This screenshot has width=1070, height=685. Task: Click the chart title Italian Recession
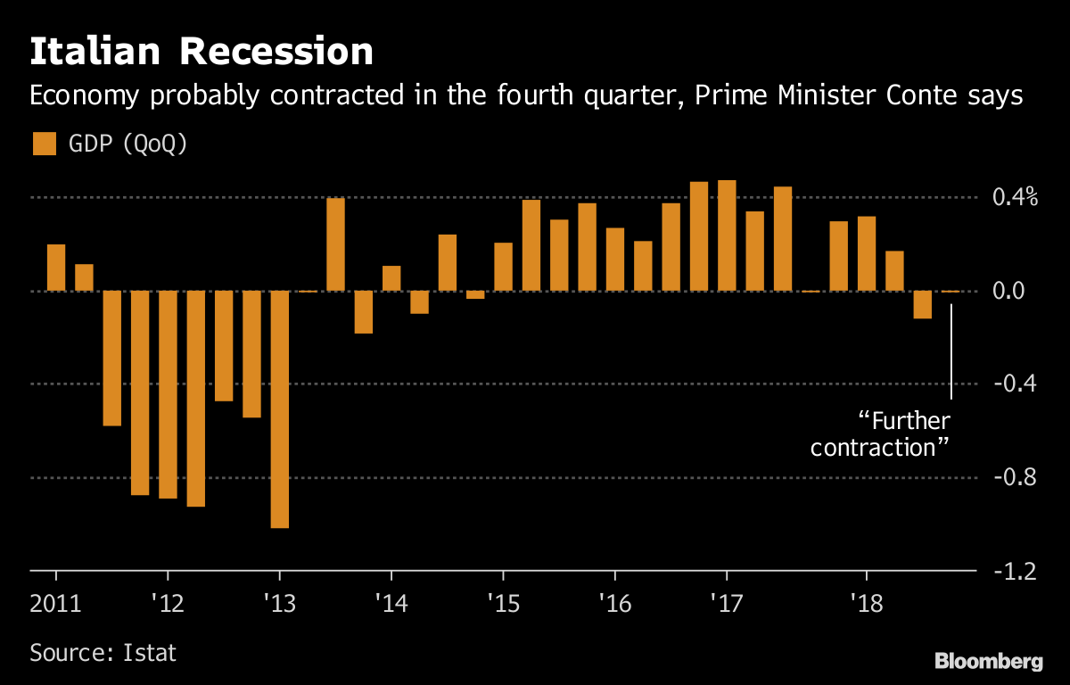pyautogui.click(x=202, y=52)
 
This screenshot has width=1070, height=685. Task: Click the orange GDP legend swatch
pyautogui.click(x=45, y=144)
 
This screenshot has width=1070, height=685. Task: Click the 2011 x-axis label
pyautogui.click(x=55, y=604)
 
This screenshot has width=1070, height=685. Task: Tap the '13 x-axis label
pyautogui.click(x=280, y=604)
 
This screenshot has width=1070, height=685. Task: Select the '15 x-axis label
pyautogui.click(x=504, y=604)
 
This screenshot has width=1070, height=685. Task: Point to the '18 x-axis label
pyautogui.click(x=866, y=604)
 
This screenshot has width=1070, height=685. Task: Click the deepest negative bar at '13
pyautogui.click(x=280, y=409)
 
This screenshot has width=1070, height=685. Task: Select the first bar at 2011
pyautogui.click(x=56, y=268)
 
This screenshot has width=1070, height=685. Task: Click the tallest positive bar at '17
pyautogui.click(x=727, y=235)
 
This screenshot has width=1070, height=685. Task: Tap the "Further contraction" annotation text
pyautogui.click(x=880, y=434)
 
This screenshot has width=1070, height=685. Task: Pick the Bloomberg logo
pyautogui.click(x=988, y=661)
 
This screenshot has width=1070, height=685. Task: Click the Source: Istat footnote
pyautogui.click(x=103, y=652)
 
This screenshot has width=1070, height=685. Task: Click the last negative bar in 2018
pyautogui.click(x=922, y=305)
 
